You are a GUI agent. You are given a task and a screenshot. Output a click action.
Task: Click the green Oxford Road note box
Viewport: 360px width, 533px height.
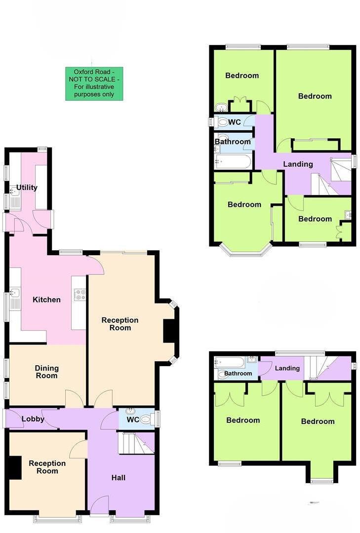click(x=94, y=83)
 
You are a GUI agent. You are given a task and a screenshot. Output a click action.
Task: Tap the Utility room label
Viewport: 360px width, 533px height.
click(x=27, y=188)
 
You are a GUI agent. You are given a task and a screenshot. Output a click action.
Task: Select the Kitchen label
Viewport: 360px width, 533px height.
click(x=46, y=300)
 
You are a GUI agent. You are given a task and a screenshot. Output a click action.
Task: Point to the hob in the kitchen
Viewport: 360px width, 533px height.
click(x=80, y=295)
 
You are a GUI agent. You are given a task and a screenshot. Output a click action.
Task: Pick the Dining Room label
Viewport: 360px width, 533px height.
click(x=46, y=372)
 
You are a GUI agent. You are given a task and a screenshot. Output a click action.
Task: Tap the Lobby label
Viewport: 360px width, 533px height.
click(x=33, y=419)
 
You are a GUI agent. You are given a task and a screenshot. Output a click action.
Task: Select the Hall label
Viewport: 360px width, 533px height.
click(x=118, y=477)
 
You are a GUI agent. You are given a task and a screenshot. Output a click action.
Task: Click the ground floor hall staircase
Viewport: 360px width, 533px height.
click(x=136, y=443)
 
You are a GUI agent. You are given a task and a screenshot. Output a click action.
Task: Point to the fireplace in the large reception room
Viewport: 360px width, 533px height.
click(x=170, y=331)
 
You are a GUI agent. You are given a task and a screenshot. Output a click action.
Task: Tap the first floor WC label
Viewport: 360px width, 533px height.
click(x=235, y=122)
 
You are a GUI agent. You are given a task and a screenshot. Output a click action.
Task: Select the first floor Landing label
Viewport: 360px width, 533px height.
click(x=298, y=164)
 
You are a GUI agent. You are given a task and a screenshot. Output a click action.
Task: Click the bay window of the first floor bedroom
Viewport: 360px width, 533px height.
click(x=245, y=251)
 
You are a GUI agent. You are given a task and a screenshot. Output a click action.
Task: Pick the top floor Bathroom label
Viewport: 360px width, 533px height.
click(x=238, y=373)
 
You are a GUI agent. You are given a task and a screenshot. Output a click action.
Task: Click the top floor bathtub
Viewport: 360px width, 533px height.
click(x=230, y=362)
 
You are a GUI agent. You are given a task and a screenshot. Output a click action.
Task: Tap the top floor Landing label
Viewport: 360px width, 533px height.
click(x=287, y=368)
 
